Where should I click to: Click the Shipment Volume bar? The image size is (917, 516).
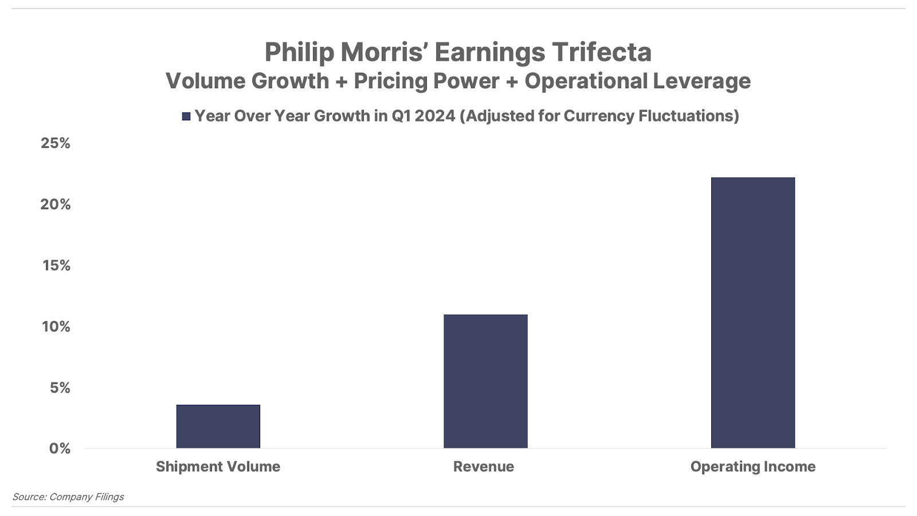pos(218,427)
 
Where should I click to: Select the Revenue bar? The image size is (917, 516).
pos(485,381)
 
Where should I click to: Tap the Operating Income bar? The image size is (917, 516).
pos(753,312)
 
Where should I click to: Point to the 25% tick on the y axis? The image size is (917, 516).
pos(56,143)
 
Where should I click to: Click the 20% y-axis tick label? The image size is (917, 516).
pos(56,204)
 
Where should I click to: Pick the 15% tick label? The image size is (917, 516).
pos(56,265)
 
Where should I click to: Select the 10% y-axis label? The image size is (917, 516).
pos(56,327)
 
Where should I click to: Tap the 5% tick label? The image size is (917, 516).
pos(60,388)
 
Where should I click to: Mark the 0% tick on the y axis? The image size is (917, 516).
pos(60,448)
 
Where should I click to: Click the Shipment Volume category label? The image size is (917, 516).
pos(218,467)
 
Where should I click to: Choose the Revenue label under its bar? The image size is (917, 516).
pos(484,467)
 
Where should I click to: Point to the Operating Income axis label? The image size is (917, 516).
pos(753,467)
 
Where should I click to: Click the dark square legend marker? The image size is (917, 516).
pos(186,116)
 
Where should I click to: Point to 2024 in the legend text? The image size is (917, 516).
pos(435,116)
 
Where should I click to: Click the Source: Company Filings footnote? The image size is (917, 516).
pos(68,497)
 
